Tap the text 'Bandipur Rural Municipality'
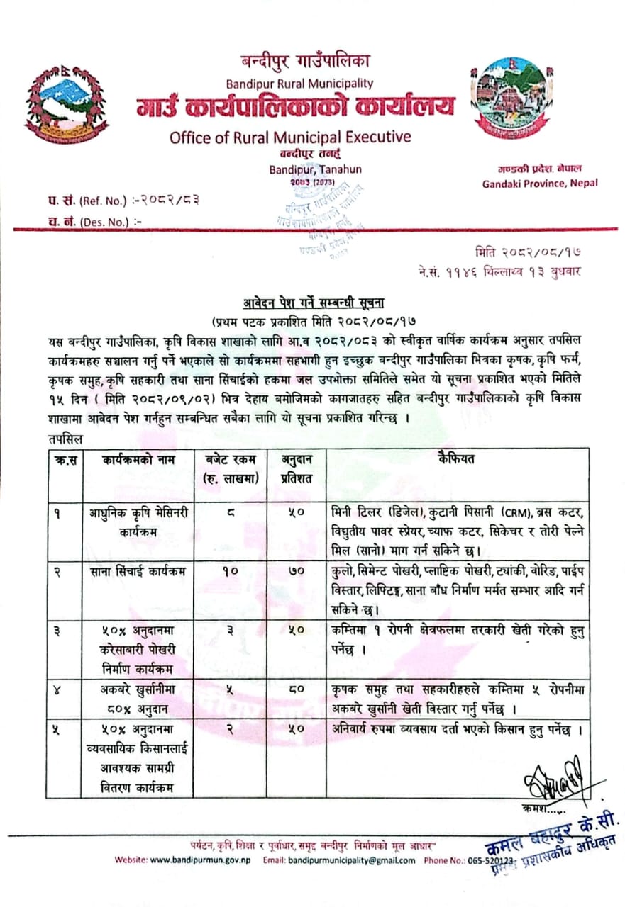tap(299, 84)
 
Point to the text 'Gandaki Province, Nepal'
tap(540, 183)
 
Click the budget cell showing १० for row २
tap(232, 569)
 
